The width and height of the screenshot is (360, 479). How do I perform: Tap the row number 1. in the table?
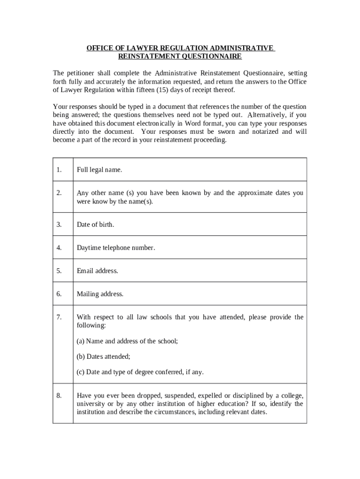pos(59,170)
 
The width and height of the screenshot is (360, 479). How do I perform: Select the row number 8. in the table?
pos(59,396)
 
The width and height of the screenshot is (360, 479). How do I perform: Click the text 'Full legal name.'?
pos(99,170)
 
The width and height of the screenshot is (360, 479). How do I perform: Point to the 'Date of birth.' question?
pos(95,225)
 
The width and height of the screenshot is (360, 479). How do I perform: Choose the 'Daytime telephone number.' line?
pos(115,248)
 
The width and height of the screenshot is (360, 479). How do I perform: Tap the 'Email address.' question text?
pos(97,271)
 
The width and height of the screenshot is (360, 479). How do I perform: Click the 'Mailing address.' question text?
pos(100,294)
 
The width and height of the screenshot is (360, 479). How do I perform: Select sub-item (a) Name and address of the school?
pos(127,341)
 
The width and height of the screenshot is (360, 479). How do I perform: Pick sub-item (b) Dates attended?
pos(103,356)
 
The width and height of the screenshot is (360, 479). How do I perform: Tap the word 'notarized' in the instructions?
pos(265,131)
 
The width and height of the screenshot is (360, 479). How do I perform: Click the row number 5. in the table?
pos(59,271)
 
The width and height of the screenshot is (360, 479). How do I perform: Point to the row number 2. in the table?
pos(59,193)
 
